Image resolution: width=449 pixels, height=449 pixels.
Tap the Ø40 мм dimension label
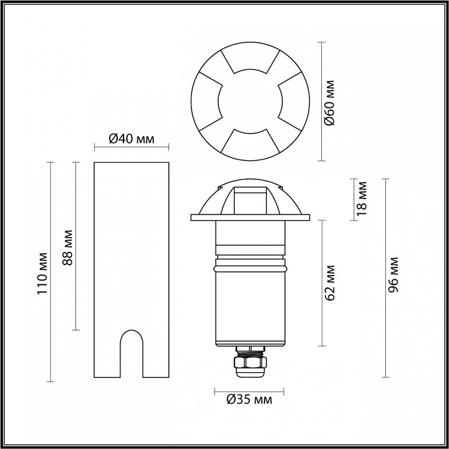pyautogui.click(x=131, y=138)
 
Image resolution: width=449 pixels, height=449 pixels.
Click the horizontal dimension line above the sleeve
pyautogui.click(x=131, y=148)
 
